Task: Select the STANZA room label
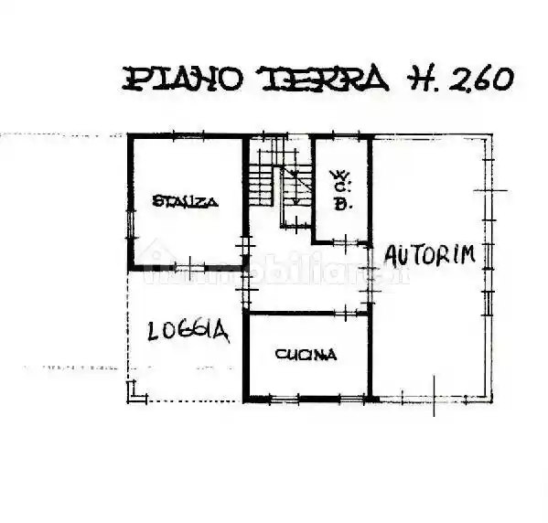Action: (x=186, y=202)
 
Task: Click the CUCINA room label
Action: (x=306, y=355)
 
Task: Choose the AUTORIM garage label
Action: (x=429, y=255)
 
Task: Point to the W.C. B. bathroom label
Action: (x=340, y=189)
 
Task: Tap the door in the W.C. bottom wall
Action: (x=340, y=242)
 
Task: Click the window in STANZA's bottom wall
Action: (x=188, y=267)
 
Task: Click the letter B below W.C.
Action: (x=340, y=205)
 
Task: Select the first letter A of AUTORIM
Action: (x=392, y=255)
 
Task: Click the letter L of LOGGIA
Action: (x=156, y=332)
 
